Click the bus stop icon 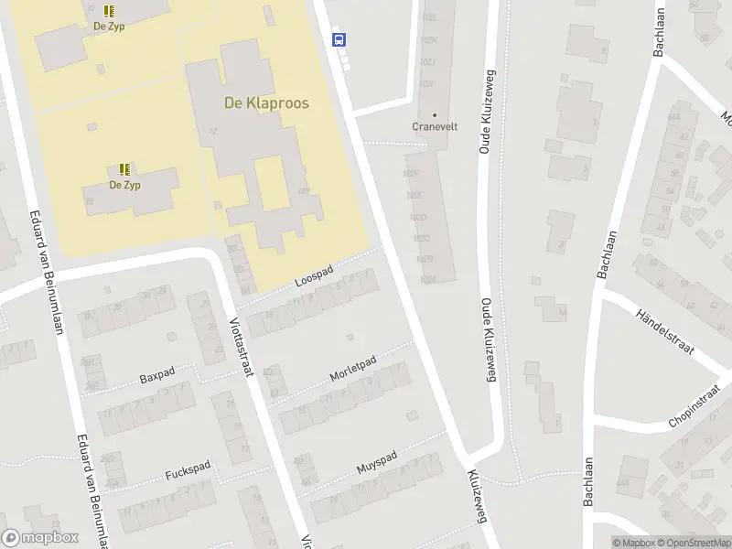(339, 38)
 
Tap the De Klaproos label (266, 103)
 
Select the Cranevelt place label (434, 127)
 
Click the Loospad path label (314, 276)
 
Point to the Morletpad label (353, 370)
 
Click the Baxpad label (157, 376)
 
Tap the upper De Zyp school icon (110, 11)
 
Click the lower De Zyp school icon (124, 169)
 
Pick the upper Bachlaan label (660, 34)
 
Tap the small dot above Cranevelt (435, 115)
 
